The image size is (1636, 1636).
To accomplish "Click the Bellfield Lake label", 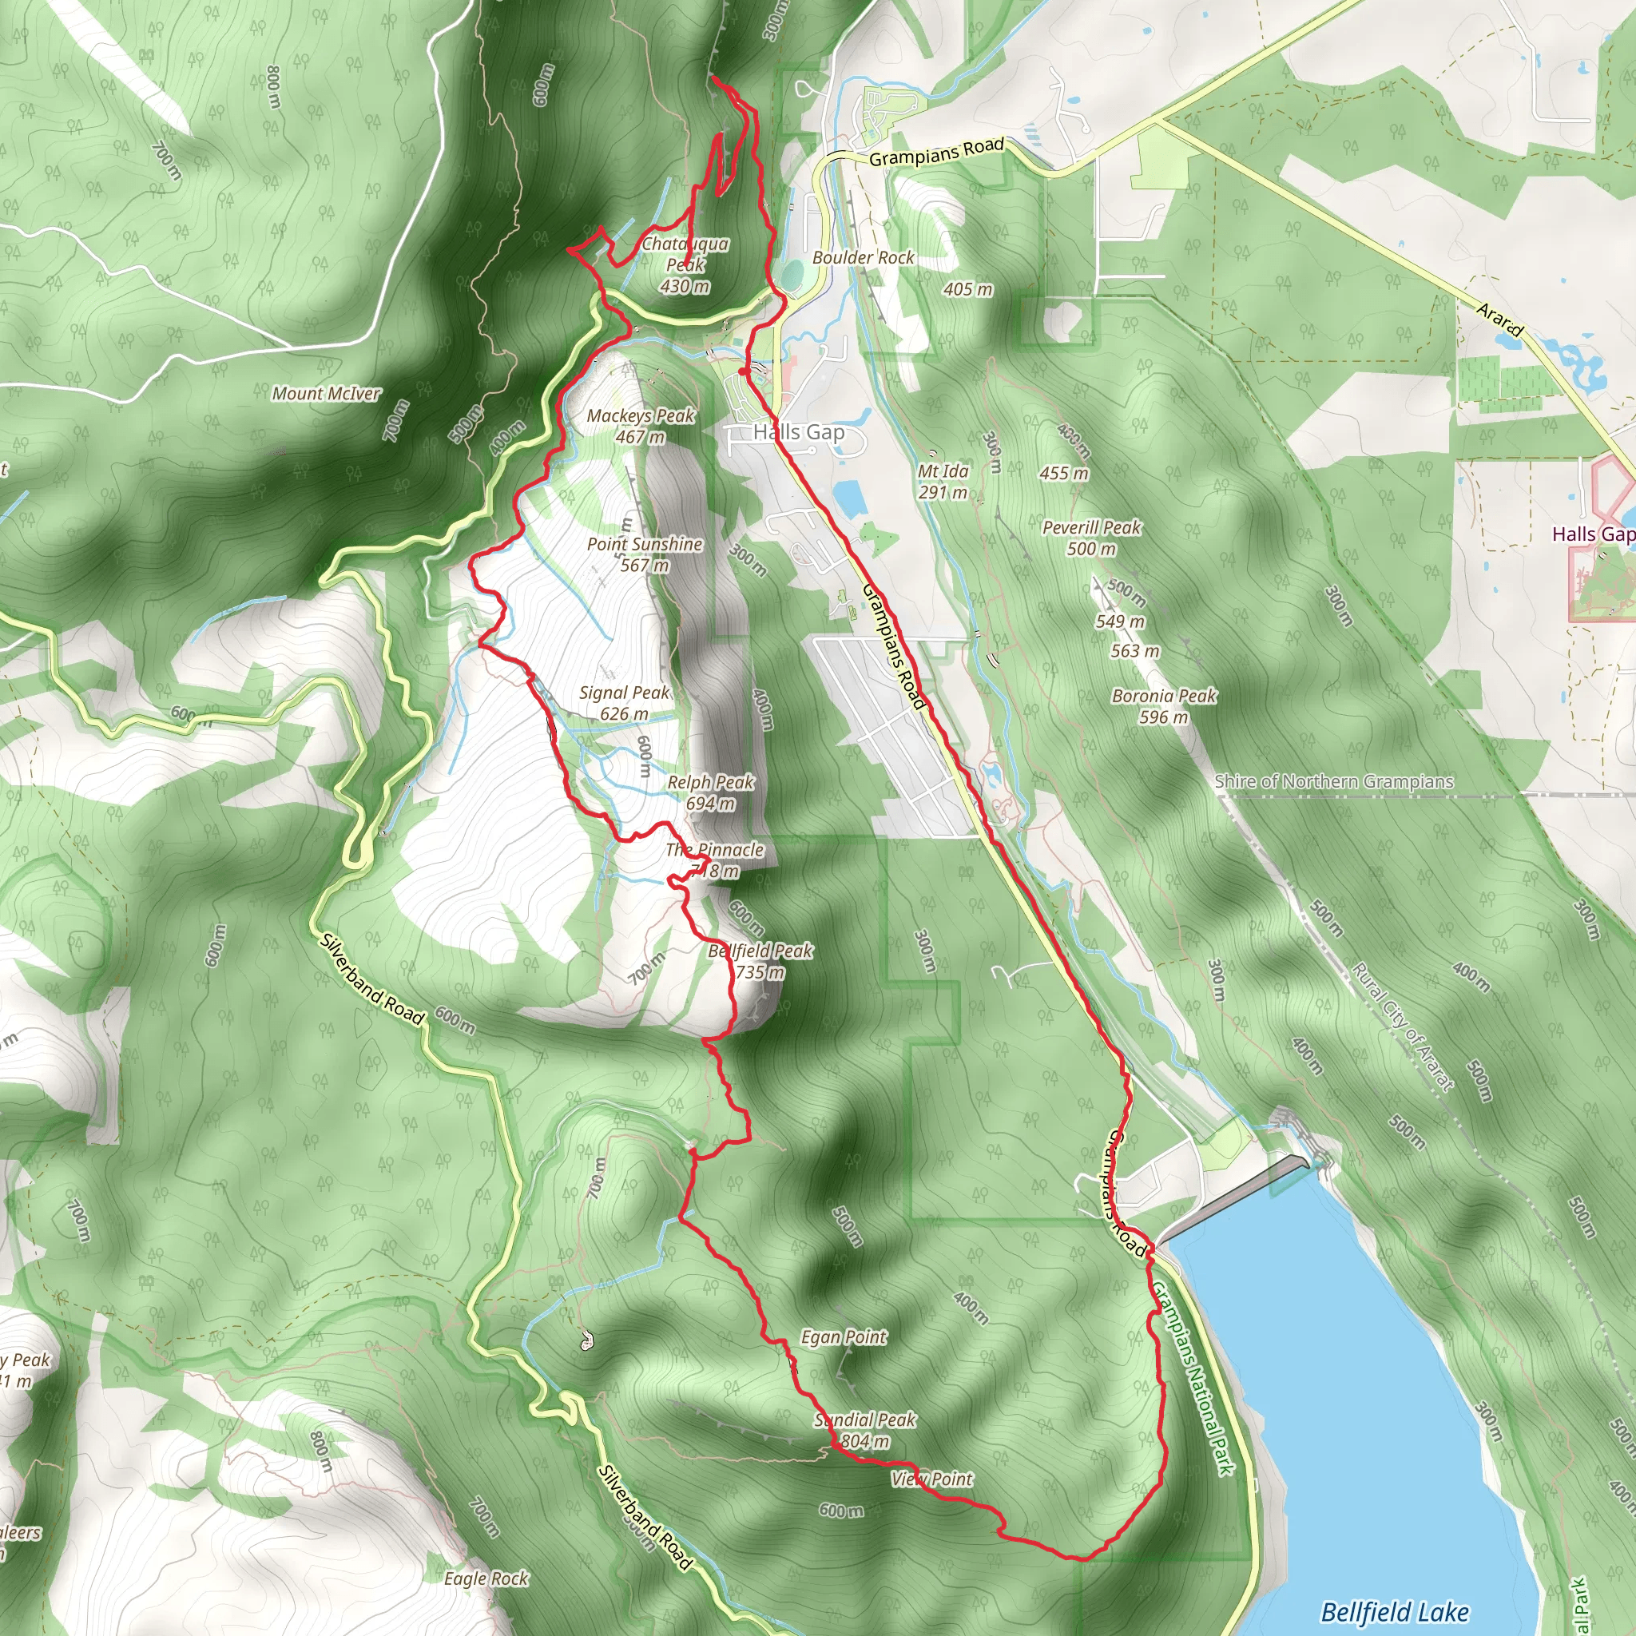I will coord(1395,1611).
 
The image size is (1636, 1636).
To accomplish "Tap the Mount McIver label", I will coord(326,394).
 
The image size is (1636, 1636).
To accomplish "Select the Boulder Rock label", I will coord(863,257).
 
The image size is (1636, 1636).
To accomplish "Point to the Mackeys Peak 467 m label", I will coord(640,426).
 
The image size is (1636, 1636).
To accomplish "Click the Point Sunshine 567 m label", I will coord(645,554).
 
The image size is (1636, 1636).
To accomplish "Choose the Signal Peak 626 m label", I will coord(624,703).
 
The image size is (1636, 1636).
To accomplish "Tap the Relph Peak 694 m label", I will coord(710,792).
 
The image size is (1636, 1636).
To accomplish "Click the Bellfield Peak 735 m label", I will coord(760,961).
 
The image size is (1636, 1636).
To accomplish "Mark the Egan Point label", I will coord(844,1337).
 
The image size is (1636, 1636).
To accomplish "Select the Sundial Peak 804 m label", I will coord(864,1430).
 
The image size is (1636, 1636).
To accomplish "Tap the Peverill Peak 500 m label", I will coord(1091,538).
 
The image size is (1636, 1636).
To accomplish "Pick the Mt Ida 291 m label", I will coord(943,481).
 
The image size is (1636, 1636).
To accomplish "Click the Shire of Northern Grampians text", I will coord(1334,780).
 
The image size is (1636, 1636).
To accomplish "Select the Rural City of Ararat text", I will coord(1402,1026).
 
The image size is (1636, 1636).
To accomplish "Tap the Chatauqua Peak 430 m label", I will coord(685,265).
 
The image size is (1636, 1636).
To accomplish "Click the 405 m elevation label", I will coord(968,290).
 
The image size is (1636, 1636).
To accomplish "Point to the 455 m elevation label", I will coord(1064,474).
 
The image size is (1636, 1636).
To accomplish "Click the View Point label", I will coord(931,1479).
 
